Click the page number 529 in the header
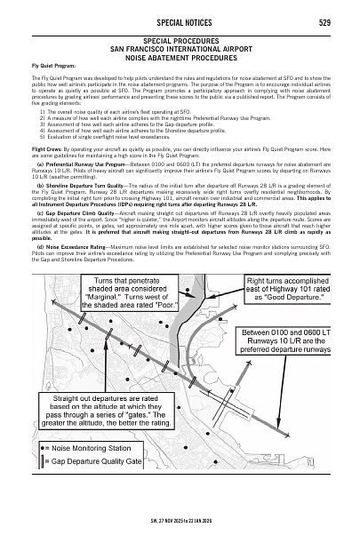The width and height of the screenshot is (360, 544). (325, 22)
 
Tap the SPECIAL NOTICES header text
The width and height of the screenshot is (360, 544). (180, 22)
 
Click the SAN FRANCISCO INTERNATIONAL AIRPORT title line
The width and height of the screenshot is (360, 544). (180, 49)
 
